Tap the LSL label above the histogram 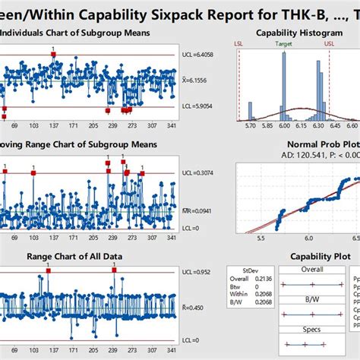pos(241,44)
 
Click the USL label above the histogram pos(327,44)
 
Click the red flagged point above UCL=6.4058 pos(52,55)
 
